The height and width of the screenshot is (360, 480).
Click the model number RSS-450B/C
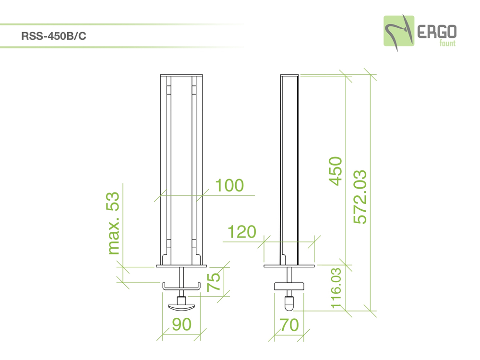54,36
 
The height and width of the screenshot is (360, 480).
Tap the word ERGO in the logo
437,32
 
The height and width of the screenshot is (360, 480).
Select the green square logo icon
399,31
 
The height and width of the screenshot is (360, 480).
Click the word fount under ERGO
447,43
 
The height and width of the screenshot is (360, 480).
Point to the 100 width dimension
229,185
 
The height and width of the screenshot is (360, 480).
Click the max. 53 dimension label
113,223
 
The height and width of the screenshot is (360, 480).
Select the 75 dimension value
214,282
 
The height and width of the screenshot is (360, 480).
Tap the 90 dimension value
181,324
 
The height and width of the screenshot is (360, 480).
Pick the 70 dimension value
289,325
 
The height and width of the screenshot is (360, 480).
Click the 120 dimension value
242,232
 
